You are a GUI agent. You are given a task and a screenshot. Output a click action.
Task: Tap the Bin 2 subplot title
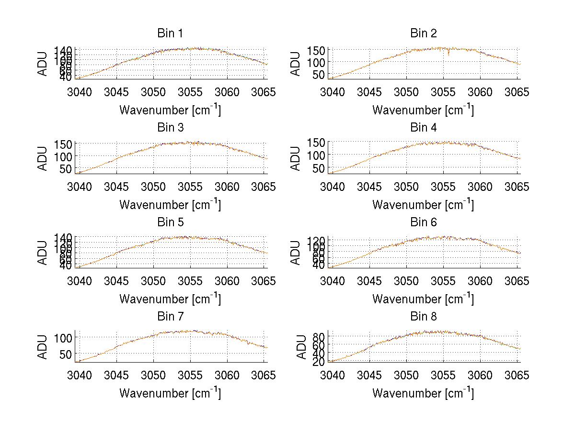(423, 33)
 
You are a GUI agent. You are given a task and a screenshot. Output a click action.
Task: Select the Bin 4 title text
(423, 128)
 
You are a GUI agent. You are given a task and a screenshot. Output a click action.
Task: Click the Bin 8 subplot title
(423, 317)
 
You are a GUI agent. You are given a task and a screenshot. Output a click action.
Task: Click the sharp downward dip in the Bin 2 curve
(448, 54)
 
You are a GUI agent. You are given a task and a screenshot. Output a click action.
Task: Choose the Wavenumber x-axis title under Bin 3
(170, 204)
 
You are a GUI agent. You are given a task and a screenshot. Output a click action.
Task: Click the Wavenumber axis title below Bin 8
(423, 393)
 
